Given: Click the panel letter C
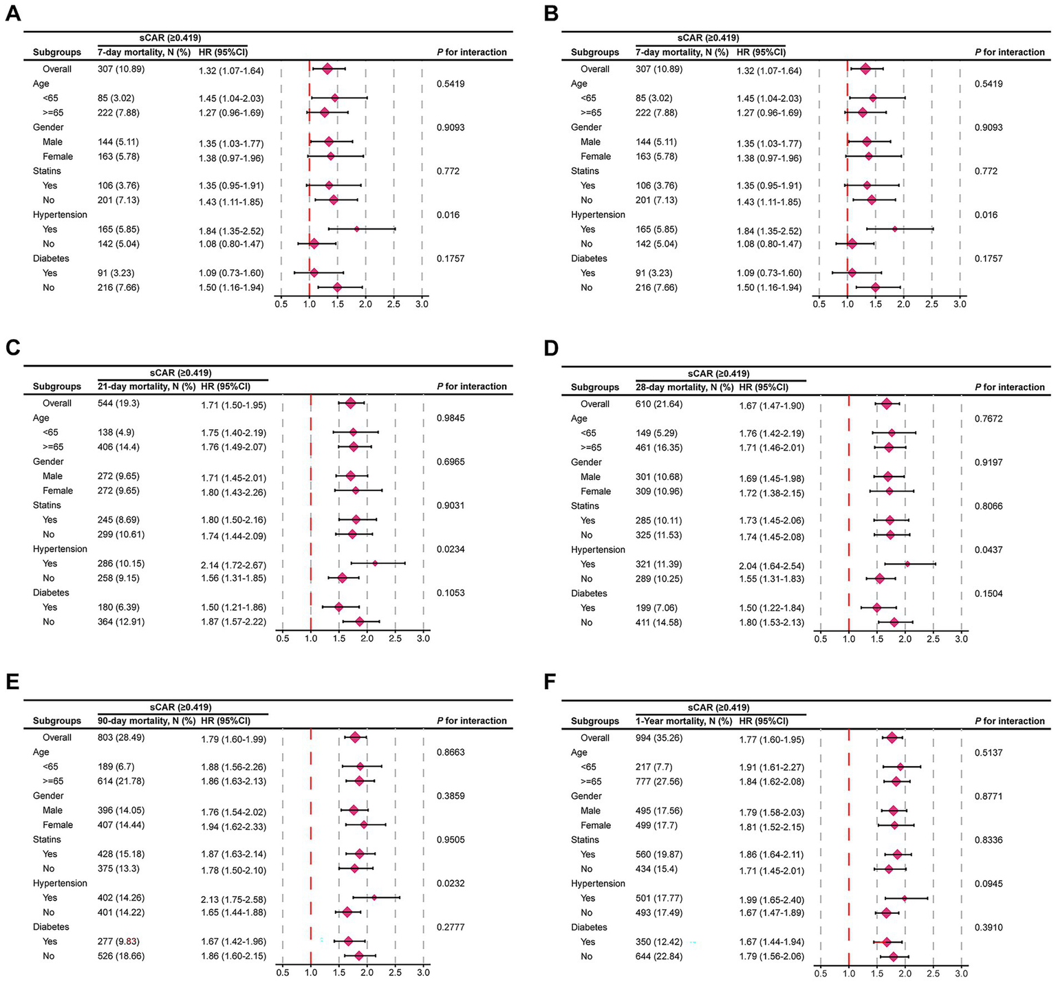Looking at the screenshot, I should point(12,347).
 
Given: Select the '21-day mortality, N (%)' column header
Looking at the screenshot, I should point(147,386).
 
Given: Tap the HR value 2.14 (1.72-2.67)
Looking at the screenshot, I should point(233,565).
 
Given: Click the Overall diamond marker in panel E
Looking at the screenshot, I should point(355,737).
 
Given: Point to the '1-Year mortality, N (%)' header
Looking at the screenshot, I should point(684,721).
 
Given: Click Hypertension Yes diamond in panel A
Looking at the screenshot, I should point(356,229).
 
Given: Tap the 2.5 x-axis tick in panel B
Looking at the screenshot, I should point(931,304).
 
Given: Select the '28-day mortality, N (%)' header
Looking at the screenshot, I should point(685,387).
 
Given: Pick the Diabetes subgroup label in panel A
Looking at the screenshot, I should point(51,259).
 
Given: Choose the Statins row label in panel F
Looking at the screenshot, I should point(585,840).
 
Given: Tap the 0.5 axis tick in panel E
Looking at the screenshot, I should point(282,972).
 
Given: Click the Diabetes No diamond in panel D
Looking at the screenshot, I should point(894,622).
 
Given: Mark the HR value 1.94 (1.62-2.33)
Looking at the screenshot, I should point(233,827).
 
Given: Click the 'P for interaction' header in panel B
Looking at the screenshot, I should point(1009,52).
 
